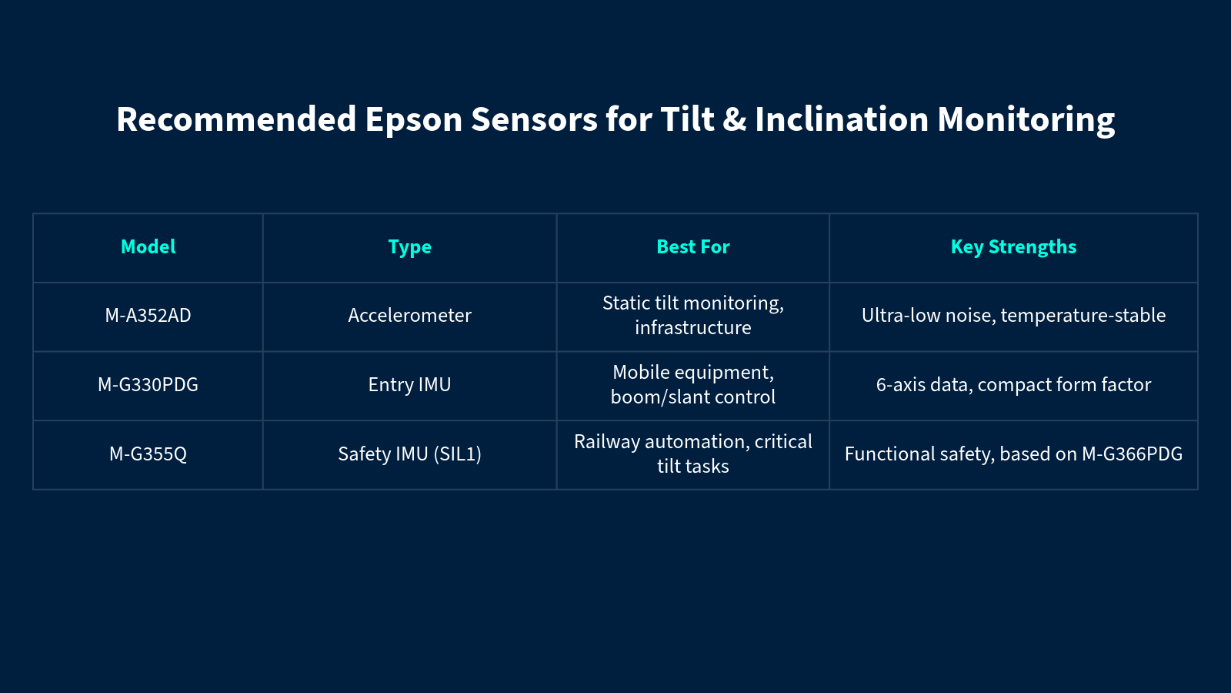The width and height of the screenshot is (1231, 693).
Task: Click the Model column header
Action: point(148,247)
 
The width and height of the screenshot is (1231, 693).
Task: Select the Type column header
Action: point(409,247)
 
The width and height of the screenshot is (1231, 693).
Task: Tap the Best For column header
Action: point(693,247)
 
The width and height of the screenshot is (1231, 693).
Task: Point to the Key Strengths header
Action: point(1013,247)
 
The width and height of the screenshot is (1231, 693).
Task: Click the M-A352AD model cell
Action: point(148,315)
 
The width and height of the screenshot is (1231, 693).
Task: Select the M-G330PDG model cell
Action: point(148,384)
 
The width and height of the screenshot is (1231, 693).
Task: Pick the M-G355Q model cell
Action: point(148,454)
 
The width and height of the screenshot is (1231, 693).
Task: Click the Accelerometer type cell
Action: point(409,315)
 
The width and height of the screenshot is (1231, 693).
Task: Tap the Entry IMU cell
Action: point(409,384)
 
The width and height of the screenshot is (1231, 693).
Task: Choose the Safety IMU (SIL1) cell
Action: point(409,454)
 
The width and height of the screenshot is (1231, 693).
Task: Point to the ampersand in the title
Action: point(734,119)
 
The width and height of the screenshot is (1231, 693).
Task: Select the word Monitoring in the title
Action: point(1026,119)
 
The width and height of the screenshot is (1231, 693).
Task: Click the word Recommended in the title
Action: point(236,119)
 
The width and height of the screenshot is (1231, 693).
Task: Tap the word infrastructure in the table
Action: point(693,328)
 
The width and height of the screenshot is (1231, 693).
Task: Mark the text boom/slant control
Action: point(693,397)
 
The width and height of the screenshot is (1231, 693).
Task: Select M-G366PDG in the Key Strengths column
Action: point(1132,454)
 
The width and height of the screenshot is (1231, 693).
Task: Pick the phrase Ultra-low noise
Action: point(929,316)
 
